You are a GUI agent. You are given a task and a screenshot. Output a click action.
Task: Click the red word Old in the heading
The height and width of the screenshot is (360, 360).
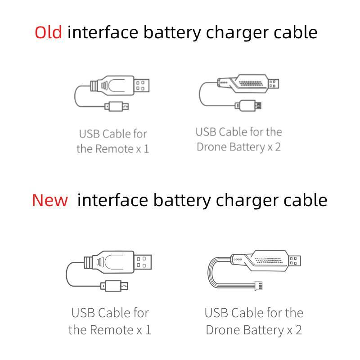(x=48, y=32)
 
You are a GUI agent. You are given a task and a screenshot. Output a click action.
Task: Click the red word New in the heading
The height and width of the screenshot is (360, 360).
(x=50, y=200)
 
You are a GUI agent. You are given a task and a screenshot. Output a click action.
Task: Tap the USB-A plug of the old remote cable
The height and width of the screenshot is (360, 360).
(x=141, y=85)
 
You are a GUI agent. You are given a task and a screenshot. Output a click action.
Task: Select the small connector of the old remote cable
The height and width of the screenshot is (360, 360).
(x=117, y=106)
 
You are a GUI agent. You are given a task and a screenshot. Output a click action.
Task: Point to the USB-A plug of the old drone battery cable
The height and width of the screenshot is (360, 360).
(x=273, y=84)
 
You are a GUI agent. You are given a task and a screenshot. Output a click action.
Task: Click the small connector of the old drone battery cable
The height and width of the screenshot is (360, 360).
(x=248, y=105)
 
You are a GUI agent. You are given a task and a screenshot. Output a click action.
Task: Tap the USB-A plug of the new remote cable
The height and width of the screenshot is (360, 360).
(x=143, y=262)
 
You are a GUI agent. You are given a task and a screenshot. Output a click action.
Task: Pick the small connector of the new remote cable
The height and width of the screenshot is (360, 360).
(x=114, y=286)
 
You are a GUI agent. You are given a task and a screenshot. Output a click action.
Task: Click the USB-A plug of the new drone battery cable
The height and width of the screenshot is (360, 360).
(x=294, y=261)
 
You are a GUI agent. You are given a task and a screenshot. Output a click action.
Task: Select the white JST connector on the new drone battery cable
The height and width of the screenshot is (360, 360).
(x=259, y=286)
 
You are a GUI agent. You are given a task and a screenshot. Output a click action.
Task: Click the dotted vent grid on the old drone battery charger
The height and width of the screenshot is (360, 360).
(x=251, y=83)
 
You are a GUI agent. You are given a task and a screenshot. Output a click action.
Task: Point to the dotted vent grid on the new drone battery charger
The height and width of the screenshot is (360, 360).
(x=268, y=260)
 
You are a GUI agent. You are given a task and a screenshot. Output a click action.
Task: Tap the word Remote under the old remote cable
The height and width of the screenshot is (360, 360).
(x=115, y=148)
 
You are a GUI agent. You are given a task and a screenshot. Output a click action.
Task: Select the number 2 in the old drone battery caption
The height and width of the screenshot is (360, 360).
(x=278, y=147)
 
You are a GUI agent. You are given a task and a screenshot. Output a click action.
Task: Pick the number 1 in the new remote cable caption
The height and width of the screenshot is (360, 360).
(x=148, y=330)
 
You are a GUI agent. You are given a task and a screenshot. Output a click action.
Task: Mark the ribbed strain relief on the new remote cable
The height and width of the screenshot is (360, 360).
(x=88, y=262)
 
